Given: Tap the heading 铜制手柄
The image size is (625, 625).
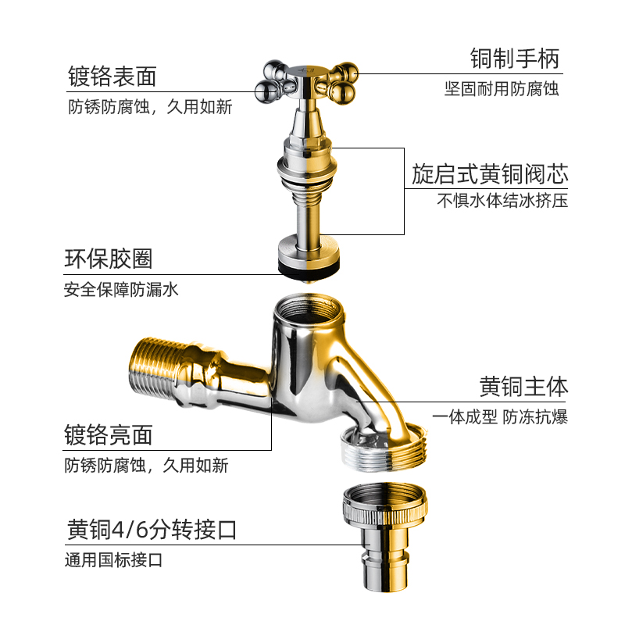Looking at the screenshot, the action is (x=515, y=59).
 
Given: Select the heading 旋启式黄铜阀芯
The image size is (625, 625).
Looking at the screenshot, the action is (x=490, y=173).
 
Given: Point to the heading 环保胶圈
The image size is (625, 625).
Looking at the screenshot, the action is (x=109, y=259).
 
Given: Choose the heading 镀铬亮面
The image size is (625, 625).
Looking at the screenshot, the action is (x=109, y=435).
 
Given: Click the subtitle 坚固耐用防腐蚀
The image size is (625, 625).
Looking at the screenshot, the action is (x=502, y=88).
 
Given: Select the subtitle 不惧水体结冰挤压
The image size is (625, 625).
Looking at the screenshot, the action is (x=502, y=200).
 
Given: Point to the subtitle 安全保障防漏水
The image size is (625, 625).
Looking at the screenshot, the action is (x=122, y=290).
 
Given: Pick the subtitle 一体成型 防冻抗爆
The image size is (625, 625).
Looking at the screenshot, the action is (x=500, y=416).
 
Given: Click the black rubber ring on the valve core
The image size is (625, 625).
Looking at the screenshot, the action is (x=309, y=265).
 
